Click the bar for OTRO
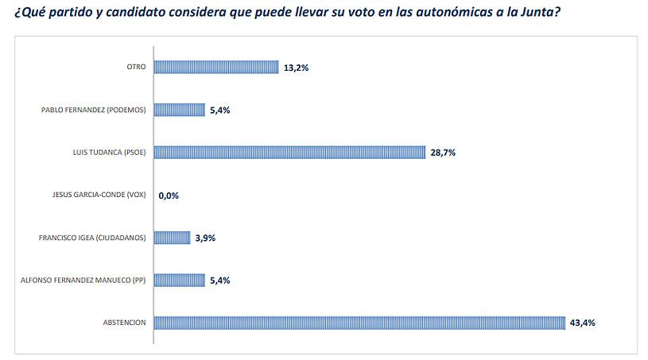coord(215,68)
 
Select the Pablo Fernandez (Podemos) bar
coord(179,110)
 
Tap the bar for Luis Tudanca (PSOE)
coord(289,153)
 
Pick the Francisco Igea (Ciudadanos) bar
coord(172,238)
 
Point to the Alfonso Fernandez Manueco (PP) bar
coord(179,280)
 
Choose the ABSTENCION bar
coord(359,323)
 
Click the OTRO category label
coord(136,68)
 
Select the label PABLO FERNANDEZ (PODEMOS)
coord(93,110)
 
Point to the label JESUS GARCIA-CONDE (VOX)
coord(96,195)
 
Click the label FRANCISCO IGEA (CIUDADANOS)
coord(91,238)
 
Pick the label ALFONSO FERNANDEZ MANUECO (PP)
coord(82,280)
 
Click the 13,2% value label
coord(296,68)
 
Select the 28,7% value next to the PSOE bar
coord(443,153)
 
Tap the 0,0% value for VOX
coord(169,195)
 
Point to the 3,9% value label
coord(206,238)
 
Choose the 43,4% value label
coord(583,323)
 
